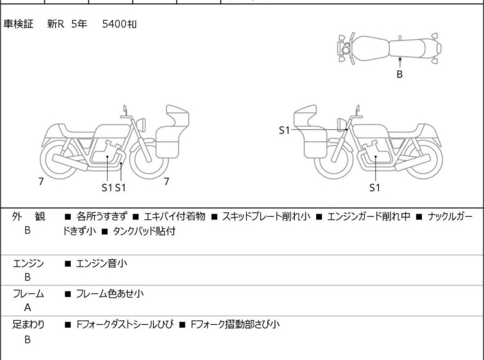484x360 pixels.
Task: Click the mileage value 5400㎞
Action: click(x=119, y=24)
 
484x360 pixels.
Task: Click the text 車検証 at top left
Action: click(x=18, y=24)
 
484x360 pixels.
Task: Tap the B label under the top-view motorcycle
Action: click(x=399, y=74)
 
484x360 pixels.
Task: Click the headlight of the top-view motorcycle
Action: click(x=345, y=49)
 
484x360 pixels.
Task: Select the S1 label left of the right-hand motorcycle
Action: click(x=284, y=130)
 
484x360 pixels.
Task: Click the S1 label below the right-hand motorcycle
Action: click(x=374, y=187)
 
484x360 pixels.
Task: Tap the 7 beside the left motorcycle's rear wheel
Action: click(x=41, y=182)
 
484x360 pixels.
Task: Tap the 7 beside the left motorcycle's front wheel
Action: click(x=167, y=182)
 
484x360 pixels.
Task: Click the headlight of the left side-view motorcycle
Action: click(x=141, y=124)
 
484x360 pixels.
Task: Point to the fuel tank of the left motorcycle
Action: click(x=112, y=131)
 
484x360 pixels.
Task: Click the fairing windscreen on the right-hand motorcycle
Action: click(x=305, y=116)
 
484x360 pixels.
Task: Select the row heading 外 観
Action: click(x=28, y=216)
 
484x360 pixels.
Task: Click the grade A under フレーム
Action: click(x=28, y=307)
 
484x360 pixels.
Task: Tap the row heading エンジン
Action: click(x=28, y=263)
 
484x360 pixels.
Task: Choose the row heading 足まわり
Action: click(x=28, y=324)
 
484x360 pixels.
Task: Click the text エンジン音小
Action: click(x=101, y=263)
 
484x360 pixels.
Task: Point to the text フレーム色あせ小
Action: click(x=110, y=293)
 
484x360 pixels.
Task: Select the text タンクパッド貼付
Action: click(x=144, y=231)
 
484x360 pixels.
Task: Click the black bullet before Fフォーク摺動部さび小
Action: click(x=183, y=325)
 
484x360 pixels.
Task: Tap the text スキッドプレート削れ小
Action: click(x=266, y=216)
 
